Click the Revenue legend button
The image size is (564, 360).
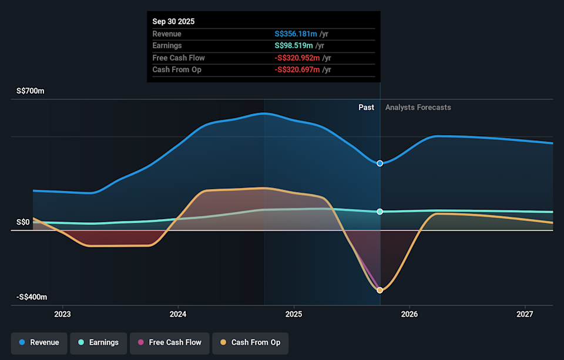tap(39, 342)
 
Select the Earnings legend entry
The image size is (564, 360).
tap(98, 342)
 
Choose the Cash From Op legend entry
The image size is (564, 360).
tap(250, 342)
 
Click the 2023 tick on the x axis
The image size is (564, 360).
tap(62, 315)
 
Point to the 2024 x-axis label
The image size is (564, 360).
tap(178, 315)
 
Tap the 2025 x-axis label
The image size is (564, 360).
tap(294, 315)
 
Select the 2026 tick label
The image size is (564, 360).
tap(409, 315)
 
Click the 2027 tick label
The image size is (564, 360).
tap(525, 315)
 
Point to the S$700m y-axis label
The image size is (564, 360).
tap(31, 92)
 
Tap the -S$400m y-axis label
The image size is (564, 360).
tap(32, 297)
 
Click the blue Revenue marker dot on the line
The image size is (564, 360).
tap(380, 163)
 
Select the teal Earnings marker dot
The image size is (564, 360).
tap(380, 211)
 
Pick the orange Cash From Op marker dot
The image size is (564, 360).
tap(380, 290)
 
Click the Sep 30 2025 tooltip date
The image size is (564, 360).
tap(173, 21)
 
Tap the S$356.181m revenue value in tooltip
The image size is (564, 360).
tap(296, 33)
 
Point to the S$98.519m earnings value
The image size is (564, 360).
tap(294, 45)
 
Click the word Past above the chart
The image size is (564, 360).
tap(366, 107)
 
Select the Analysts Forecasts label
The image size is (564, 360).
tap(418, 107)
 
